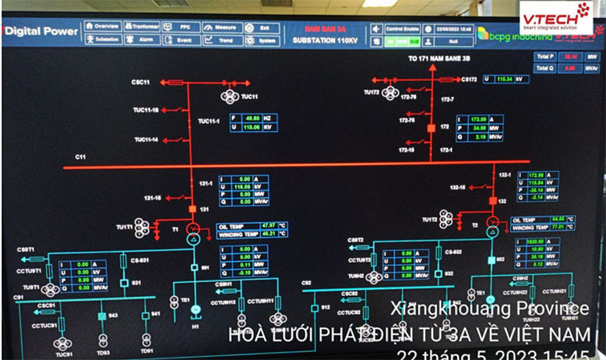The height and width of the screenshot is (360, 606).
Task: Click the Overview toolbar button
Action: coord(102,26)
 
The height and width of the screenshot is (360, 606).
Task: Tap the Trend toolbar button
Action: coord(221,40)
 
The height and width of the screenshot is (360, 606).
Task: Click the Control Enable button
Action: coord(403,26)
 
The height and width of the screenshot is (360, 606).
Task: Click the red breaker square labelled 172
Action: coord(431,125)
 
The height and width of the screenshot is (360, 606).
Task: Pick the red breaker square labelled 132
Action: coord(492,200)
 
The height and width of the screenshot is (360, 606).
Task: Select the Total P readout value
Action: coord(570,57)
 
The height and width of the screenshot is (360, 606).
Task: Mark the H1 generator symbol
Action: coord(196,309)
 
